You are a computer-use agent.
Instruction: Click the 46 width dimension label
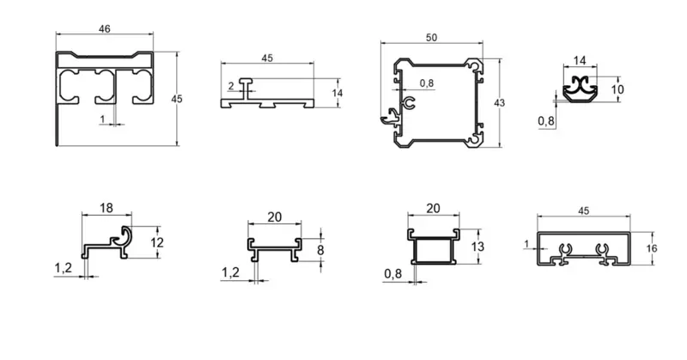104,29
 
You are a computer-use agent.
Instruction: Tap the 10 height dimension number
617,89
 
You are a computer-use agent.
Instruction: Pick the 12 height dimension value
155,242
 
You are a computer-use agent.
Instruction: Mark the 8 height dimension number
321,250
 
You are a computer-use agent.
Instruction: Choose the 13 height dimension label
479,247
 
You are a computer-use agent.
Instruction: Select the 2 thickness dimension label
231,85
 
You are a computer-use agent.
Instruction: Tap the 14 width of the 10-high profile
580,60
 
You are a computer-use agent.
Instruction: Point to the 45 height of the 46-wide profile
177,100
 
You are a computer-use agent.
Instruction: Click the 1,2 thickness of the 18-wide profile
63,268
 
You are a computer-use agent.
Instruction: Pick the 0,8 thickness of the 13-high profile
393,274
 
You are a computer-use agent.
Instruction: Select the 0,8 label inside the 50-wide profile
427,83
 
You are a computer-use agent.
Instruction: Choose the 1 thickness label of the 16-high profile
526,244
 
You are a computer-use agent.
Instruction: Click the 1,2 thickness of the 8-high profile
231,272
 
